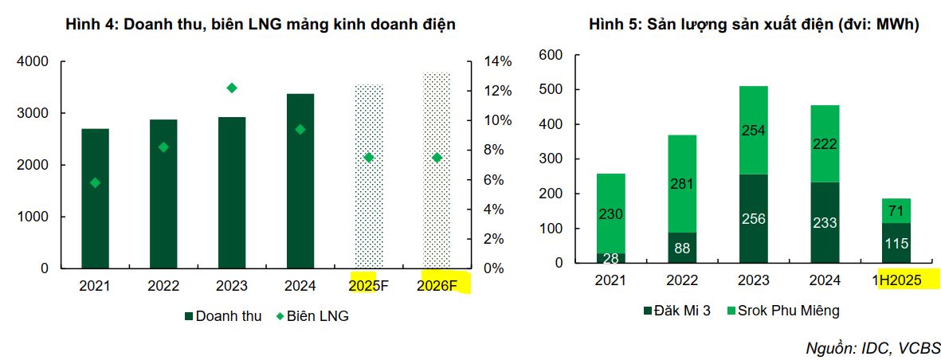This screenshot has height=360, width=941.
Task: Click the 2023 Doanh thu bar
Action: tap(232, 192)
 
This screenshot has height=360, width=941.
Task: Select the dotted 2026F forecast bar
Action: tap(437, 170)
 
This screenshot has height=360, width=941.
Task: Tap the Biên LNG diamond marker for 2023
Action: tap(232, 88)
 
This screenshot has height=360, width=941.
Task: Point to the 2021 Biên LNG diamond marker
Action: tap(96, 182)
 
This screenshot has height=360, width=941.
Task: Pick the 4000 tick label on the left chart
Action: tap(33, 61)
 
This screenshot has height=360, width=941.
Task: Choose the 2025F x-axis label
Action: tap(369, 285)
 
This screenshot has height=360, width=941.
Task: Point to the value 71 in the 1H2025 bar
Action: tap(896, 210)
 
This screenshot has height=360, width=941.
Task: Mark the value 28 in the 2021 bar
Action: tap(610, 258)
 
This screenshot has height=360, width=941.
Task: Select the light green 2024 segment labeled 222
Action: tap(825, 144)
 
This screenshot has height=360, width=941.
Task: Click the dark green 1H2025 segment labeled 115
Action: tap(896, 243)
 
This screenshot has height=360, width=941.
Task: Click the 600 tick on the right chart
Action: tap(551, 55)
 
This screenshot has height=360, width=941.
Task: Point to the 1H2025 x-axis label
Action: tap(896, 280)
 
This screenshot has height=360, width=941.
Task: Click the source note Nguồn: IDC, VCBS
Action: tap(873, 348)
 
